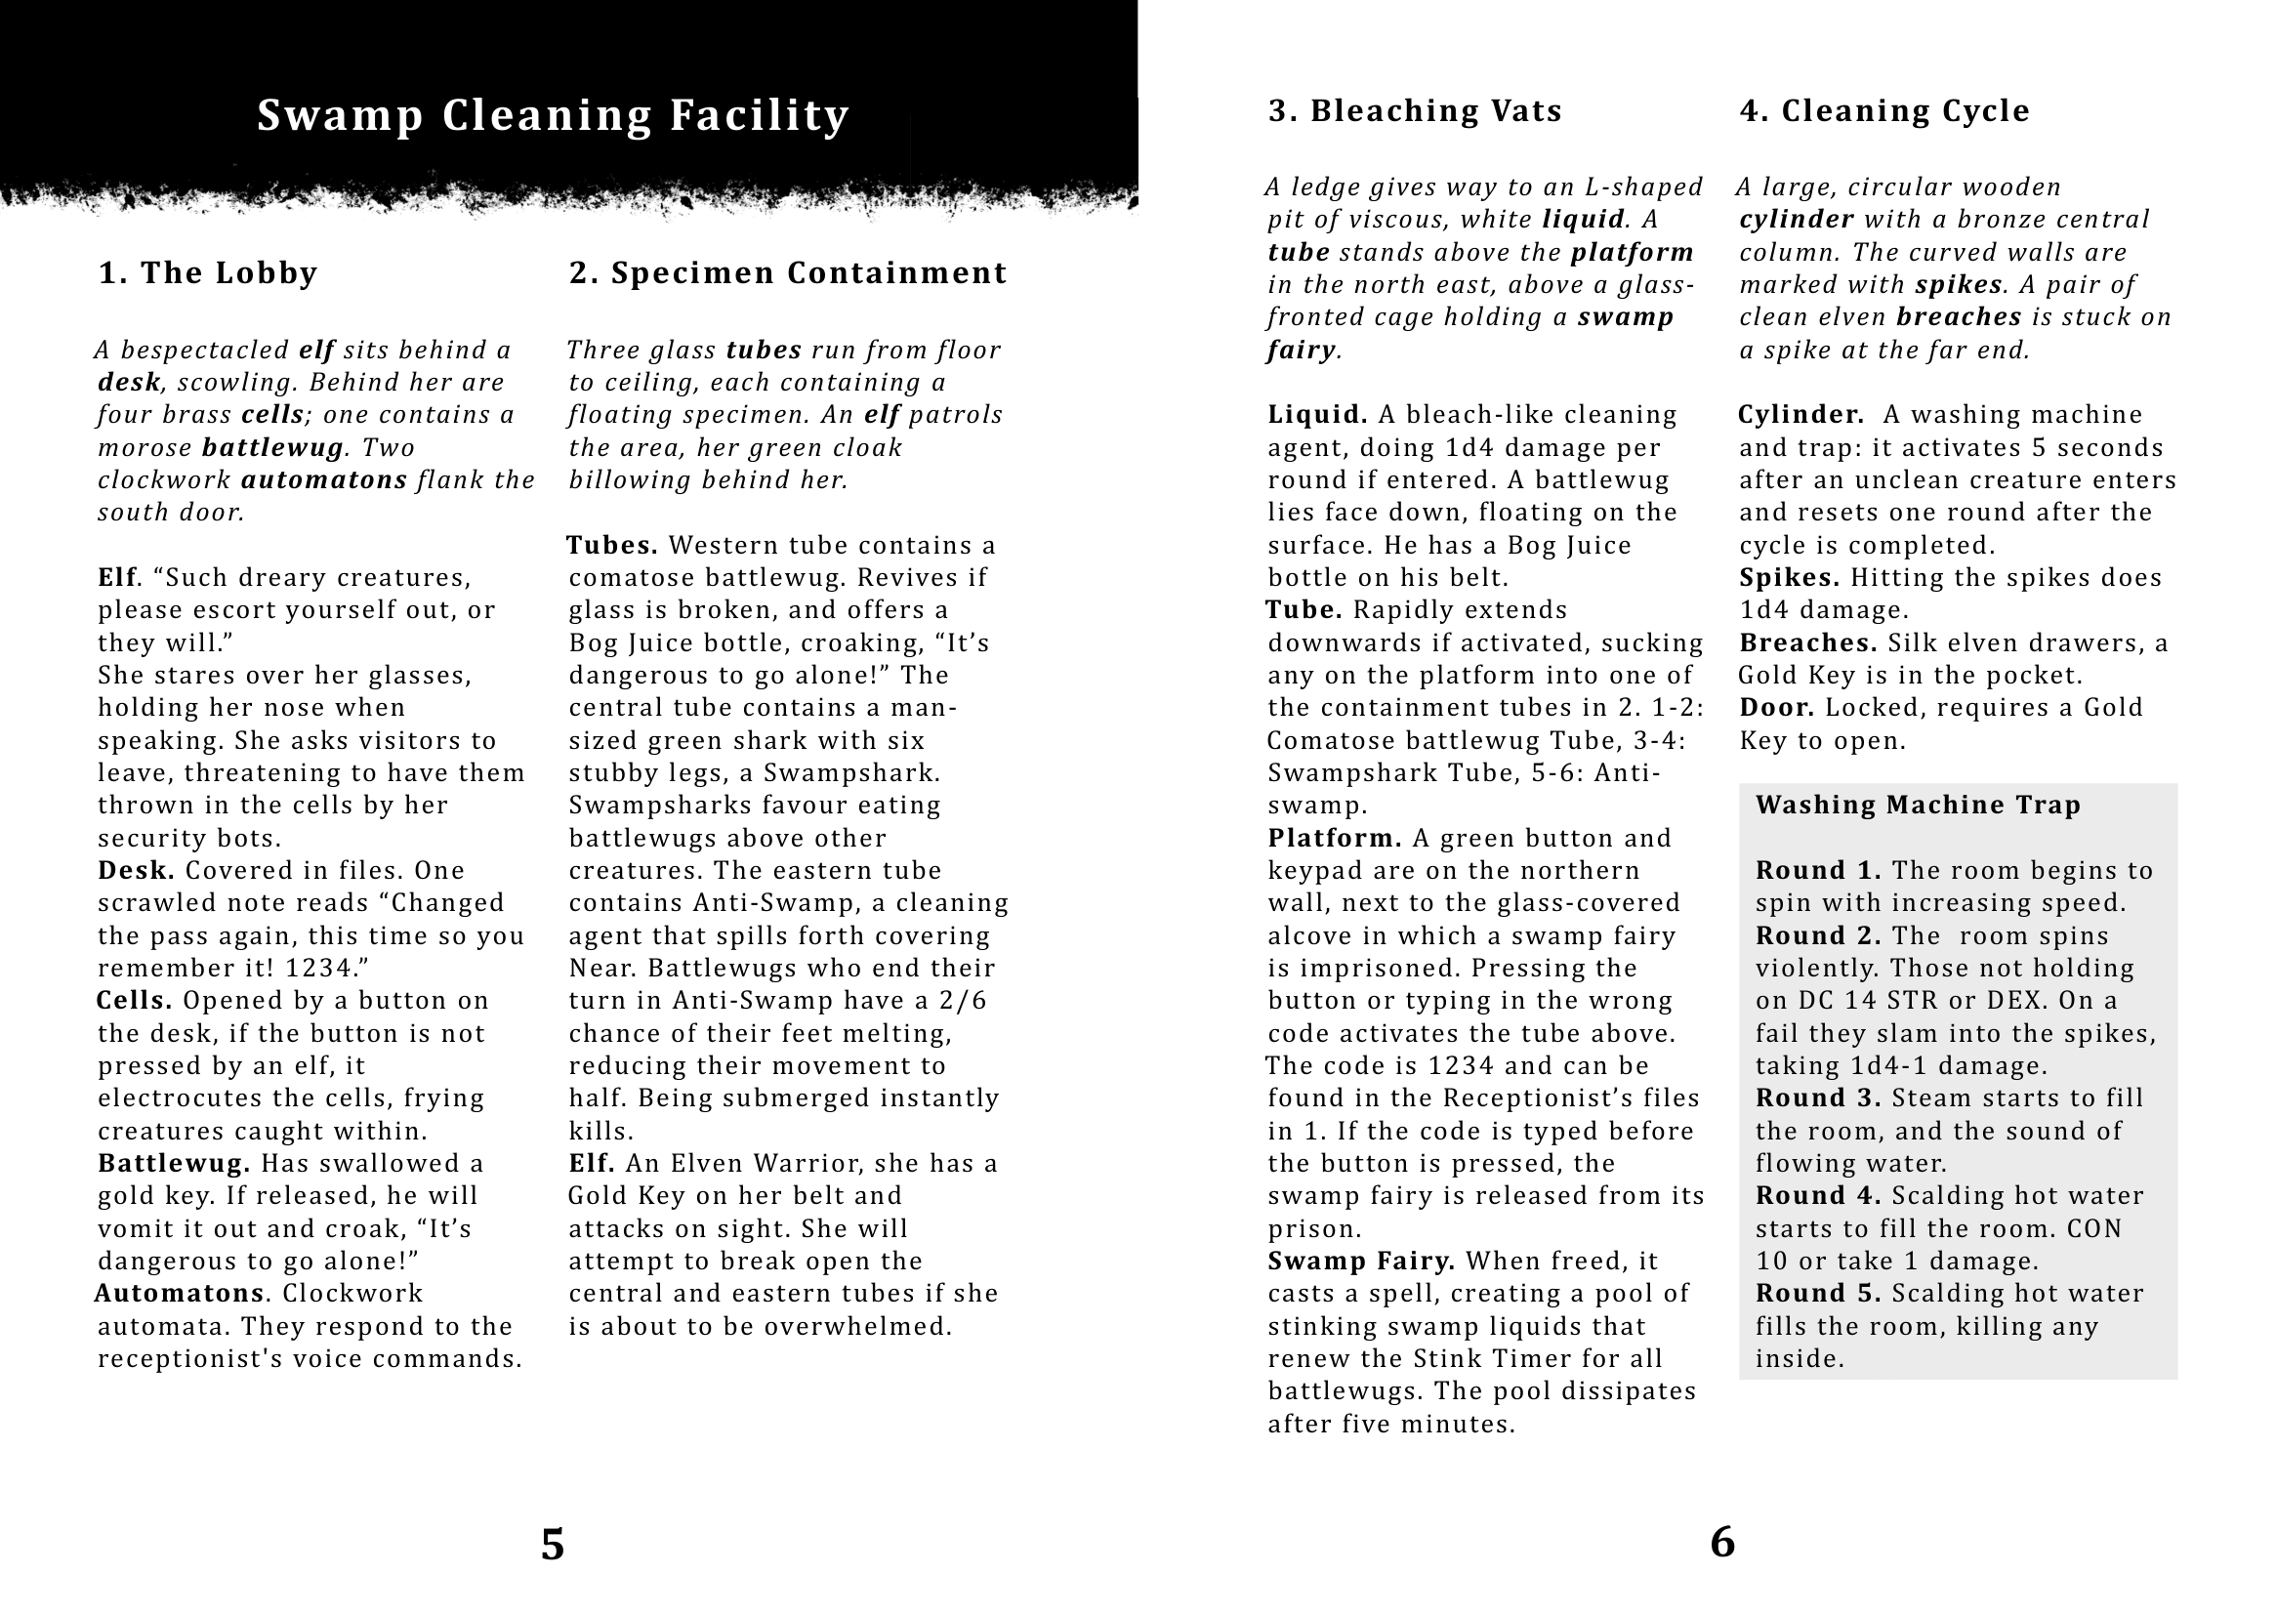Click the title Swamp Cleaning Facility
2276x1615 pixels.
point(553,115)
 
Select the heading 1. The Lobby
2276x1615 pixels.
point(208,272)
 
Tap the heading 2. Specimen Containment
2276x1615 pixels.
point(788,272)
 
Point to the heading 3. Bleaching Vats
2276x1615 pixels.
point(1415,110)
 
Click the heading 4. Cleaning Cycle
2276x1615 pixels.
point(1884,110)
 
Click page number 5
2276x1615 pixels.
point(553,1545)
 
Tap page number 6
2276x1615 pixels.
point(1723,1543)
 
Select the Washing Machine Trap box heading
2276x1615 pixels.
point(1918,805)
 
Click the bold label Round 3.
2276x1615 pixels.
point(1818,1097)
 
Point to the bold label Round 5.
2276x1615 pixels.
point(1818,1293)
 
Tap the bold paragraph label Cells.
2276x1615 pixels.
point(134,1001)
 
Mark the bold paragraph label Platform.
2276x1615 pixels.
point(1335,839)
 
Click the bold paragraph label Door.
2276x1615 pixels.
point(1777,708)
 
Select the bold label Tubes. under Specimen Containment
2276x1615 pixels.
point(612,545)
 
